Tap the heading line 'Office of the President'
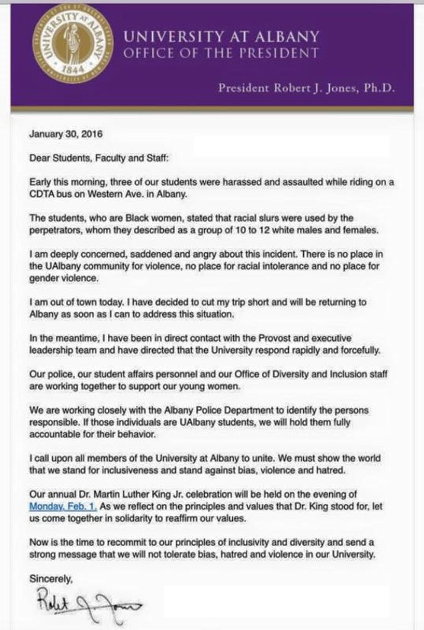pos(221,53)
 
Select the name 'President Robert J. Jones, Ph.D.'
pos(306,88)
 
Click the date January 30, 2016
pos(66,134)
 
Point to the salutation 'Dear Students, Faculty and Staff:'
pos(99,158)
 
